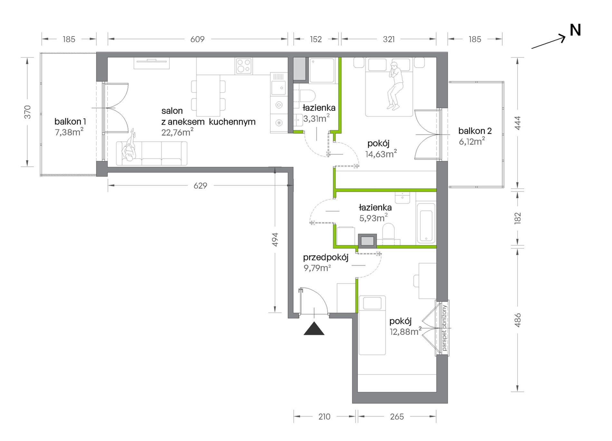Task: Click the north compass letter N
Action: pyautogui.click(x=575, y=30)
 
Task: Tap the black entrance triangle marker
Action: pyautogui.click(x=314, y=328)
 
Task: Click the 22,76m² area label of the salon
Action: pyautogui.click(x=177, y=132)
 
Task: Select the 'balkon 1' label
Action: pyautogui.click(x=70, y=122)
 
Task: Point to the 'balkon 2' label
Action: pyautogui.click(x=475, y=131)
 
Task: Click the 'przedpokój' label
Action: pyautogui.click(x=326, y=258)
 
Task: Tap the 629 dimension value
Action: pyautogui.click(x=200, y=186)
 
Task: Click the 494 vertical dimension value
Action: pyautogui.click(x=275, y=240)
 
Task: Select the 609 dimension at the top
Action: pyautogui.click(x=197, y=39)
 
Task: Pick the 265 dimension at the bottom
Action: pyautogui.click(x=397, y=417)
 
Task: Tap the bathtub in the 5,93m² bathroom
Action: pyautogui.click(x=426, y=223)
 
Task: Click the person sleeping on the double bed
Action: pyautogui.click(x=395, y=85)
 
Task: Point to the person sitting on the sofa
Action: pyautogui.click(x=130, y=146)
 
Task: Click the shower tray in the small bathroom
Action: pyautogui.click(x=322, y=70)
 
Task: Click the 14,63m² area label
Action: pyautogui.click(x=381, y=154)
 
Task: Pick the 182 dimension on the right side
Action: pyautogui.click(x=518, y=218)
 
